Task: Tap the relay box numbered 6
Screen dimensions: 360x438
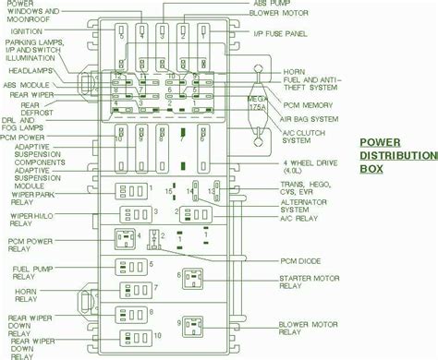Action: (193, 278)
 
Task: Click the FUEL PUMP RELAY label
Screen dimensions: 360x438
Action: (30, 274)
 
